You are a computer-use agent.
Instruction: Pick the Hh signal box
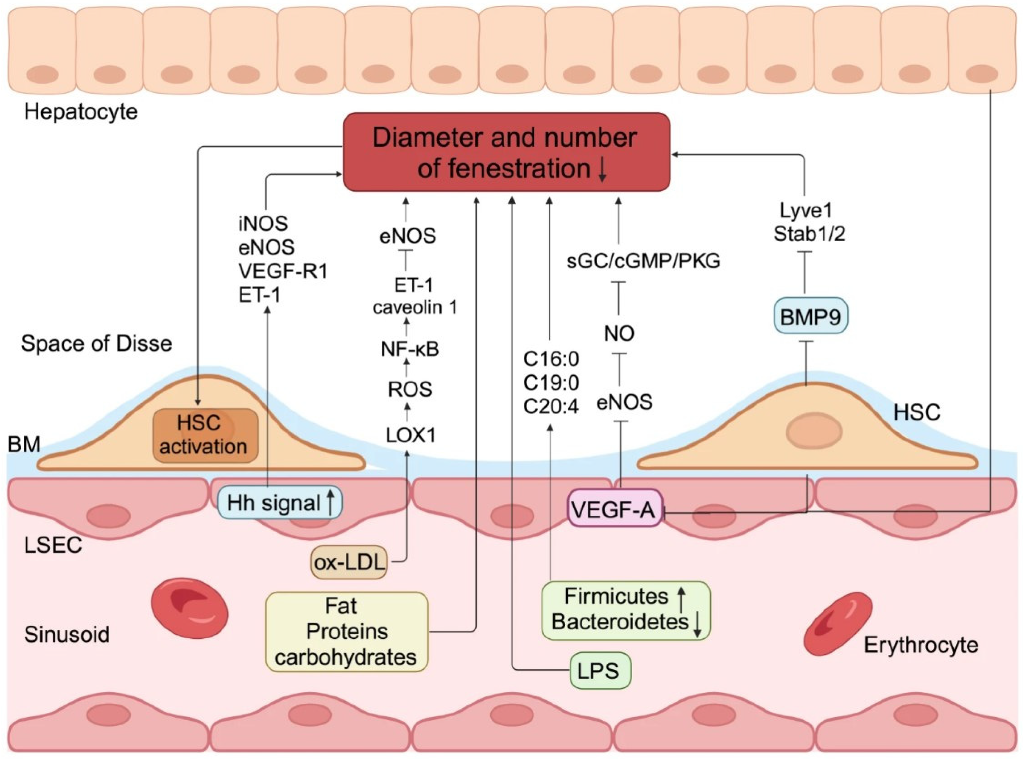[x=279, y=503]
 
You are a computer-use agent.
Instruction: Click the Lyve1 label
[x=806, y=211]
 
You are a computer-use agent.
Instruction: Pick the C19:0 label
[x=551, y=383]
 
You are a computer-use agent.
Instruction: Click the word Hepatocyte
[x=81, y=112]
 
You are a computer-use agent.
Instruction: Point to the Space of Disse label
[x=97, y=343]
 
